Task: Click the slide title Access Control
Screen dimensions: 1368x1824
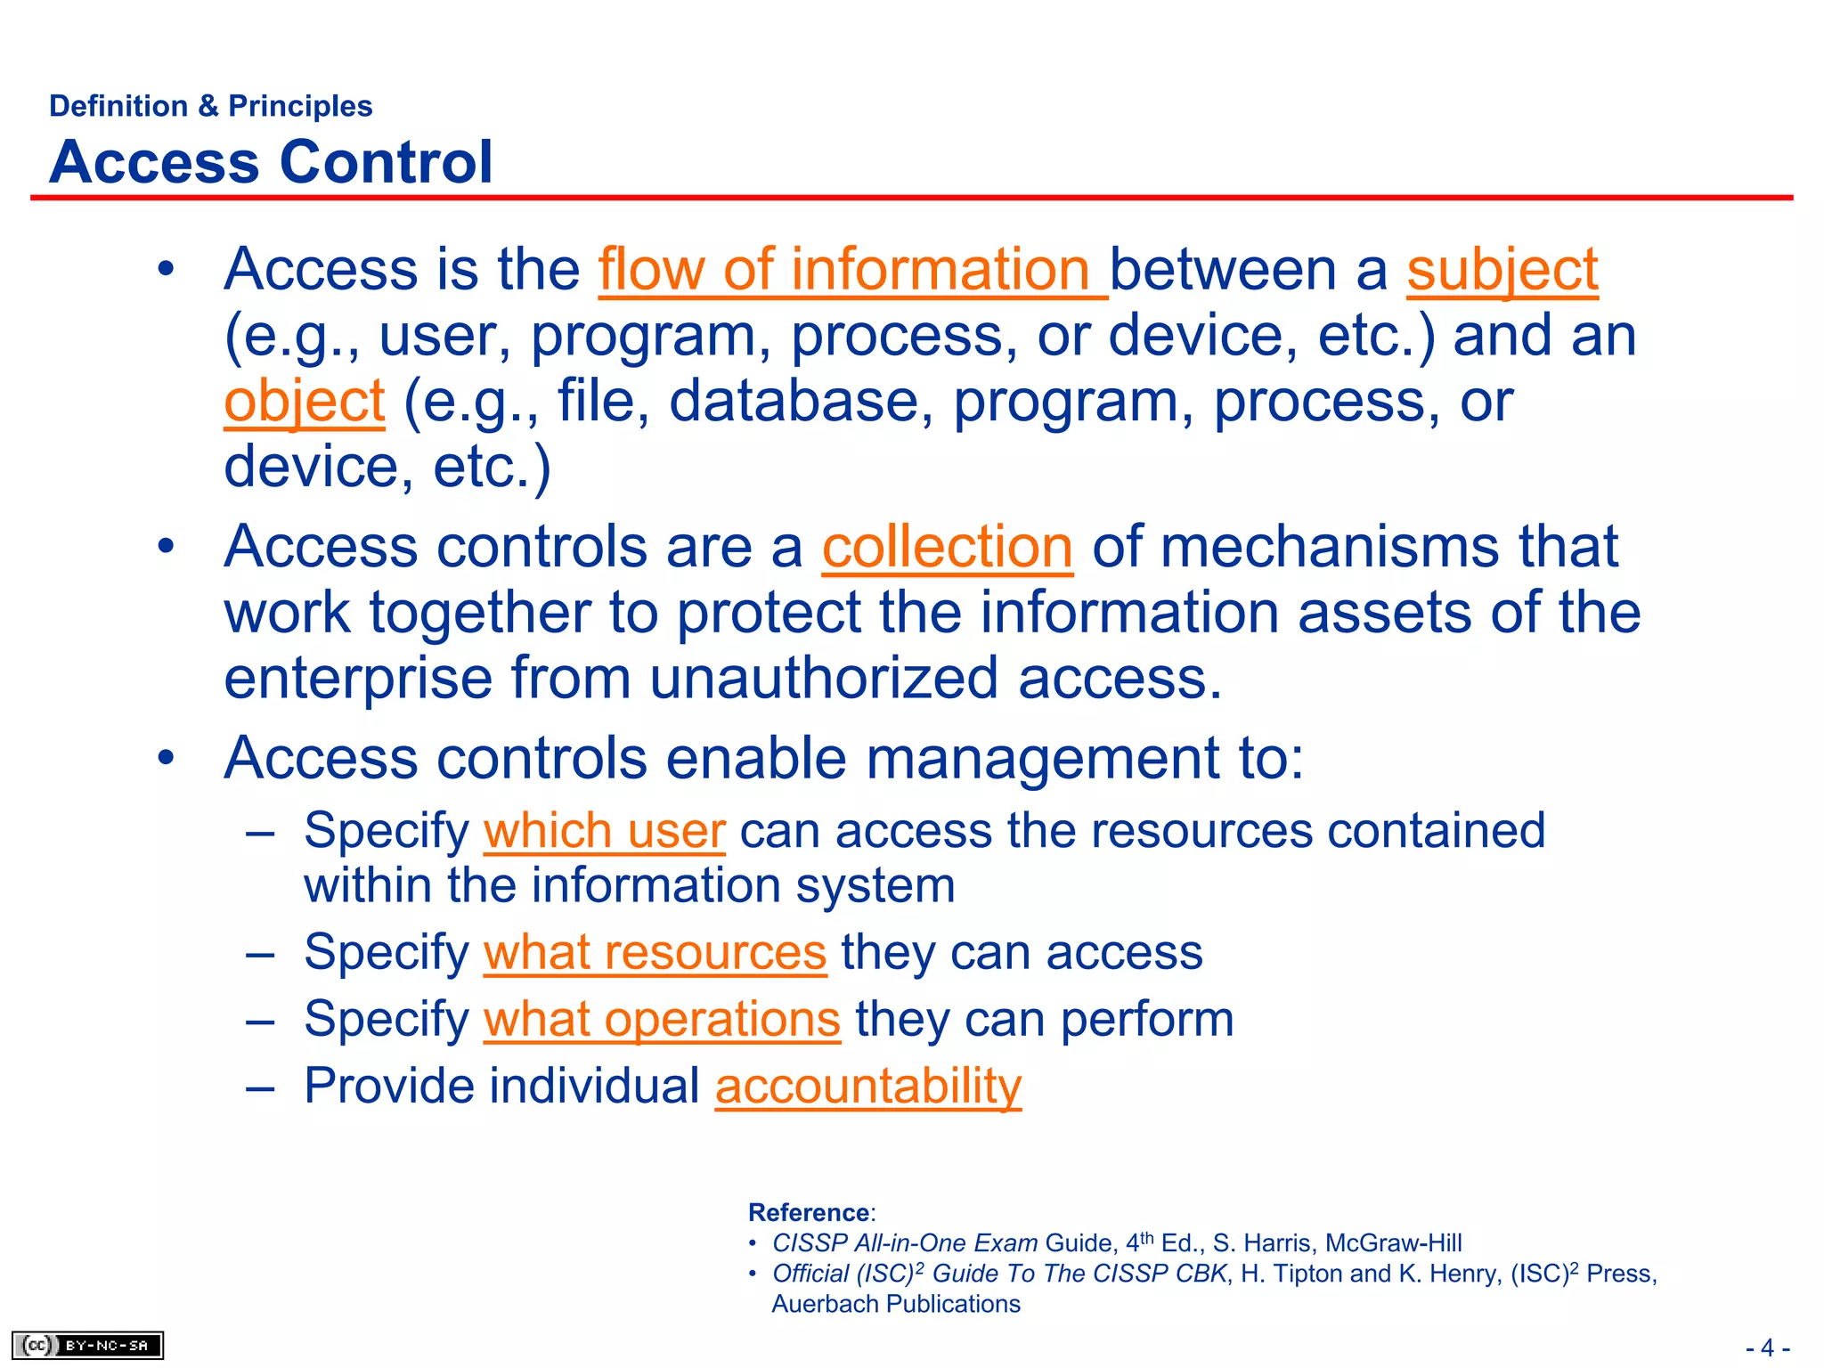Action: (271, 162)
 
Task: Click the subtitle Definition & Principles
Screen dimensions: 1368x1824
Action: (210, 106)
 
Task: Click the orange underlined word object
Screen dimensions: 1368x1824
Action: (304, 402)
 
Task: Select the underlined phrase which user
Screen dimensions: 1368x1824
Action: (604, 831)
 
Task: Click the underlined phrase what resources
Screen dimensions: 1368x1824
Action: (655, 952)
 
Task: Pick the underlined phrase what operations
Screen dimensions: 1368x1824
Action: (662, 1019)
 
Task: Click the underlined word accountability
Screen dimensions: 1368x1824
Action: (868, 1086)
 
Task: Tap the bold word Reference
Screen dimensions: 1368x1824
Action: (809, 1212)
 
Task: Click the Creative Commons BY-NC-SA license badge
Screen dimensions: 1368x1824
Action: (87, 1345)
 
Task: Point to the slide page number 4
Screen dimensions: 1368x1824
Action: (1767, 1348)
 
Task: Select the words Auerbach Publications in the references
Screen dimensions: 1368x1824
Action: (895, 1304)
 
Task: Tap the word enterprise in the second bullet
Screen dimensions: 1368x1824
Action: (357, 679)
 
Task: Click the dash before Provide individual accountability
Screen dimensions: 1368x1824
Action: (260, 1087)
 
